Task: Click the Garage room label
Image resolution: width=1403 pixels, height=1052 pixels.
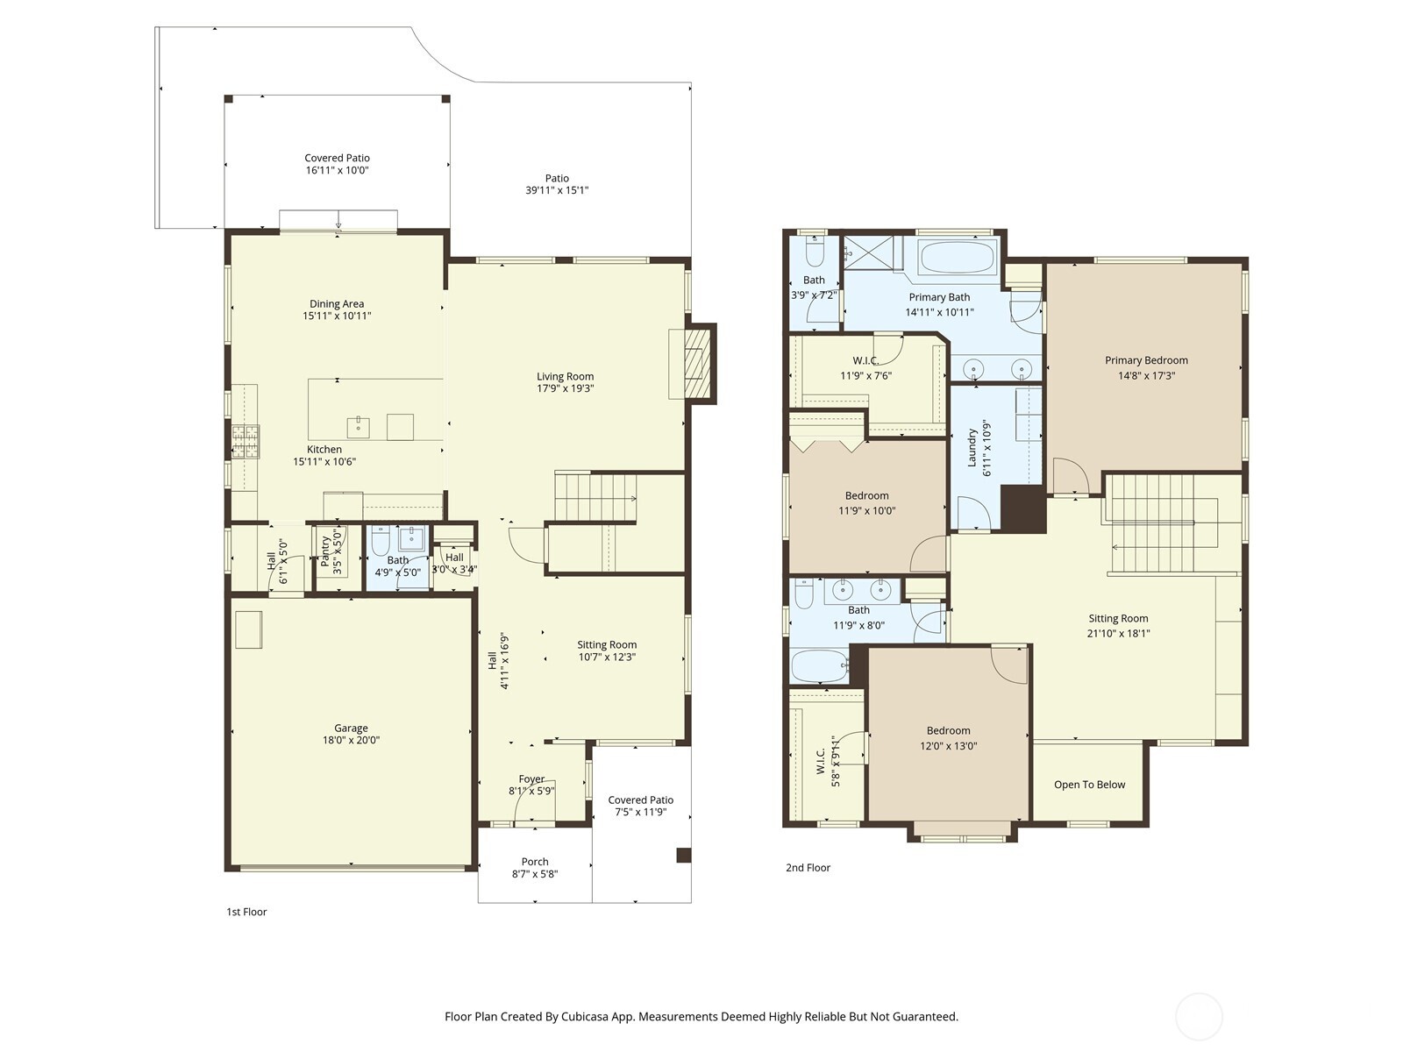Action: point(351,728)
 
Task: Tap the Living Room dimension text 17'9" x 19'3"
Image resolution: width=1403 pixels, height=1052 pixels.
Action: point(566,388)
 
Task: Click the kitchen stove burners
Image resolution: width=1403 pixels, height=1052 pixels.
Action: point(246,441)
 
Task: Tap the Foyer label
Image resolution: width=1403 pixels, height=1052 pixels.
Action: point(531,778)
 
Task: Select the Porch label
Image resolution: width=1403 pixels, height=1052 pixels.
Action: point(535,862)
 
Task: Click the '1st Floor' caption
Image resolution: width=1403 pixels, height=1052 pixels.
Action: point(246,912)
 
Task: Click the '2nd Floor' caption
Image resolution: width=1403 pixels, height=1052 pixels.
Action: point(808,868)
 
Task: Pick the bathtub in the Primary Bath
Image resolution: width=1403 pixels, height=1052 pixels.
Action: point(957,258)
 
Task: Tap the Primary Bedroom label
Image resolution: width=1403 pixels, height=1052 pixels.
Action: point(1146,360)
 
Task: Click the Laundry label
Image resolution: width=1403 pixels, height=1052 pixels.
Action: point(972,446)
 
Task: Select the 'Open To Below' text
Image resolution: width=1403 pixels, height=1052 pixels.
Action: point(1089,785)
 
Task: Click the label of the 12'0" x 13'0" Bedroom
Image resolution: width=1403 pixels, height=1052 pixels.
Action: point(948,730)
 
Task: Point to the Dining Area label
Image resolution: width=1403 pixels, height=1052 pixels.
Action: point(337,304)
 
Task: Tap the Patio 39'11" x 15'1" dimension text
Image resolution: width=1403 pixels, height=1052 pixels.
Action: point(557,190)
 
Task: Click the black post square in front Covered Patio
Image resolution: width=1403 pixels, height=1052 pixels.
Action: point(683,856)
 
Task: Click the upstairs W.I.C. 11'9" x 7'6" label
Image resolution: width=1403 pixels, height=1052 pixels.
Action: point(865,361)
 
